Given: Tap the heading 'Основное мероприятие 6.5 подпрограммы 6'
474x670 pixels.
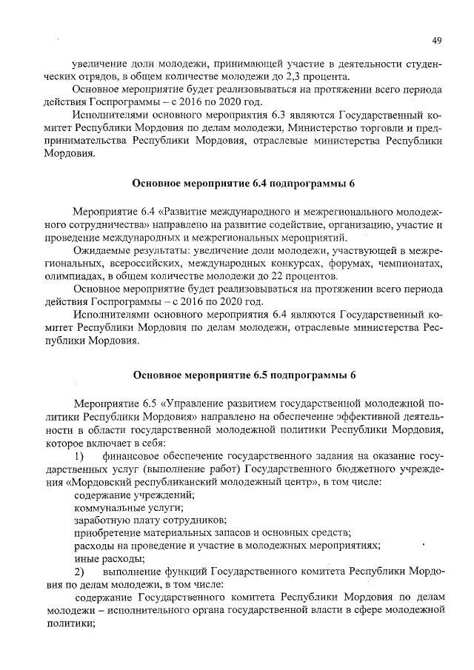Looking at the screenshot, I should tap(244, 375).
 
